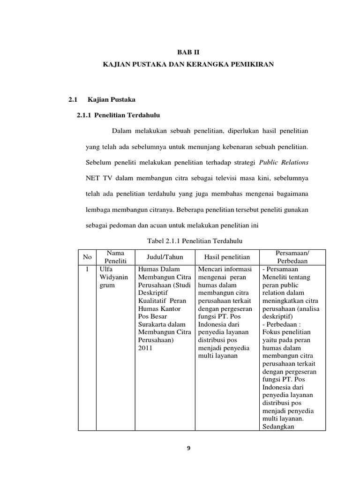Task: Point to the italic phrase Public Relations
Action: coord(284,162)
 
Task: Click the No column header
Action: coord(87,257)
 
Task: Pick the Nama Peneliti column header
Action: coord(115,257)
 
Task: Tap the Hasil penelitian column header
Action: coord(227,257)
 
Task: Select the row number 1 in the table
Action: coord(87,270)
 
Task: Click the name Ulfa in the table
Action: coord(106,270)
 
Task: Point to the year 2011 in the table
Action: coord(145,348)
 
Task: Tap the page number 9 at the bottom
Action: coord(188,449)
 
